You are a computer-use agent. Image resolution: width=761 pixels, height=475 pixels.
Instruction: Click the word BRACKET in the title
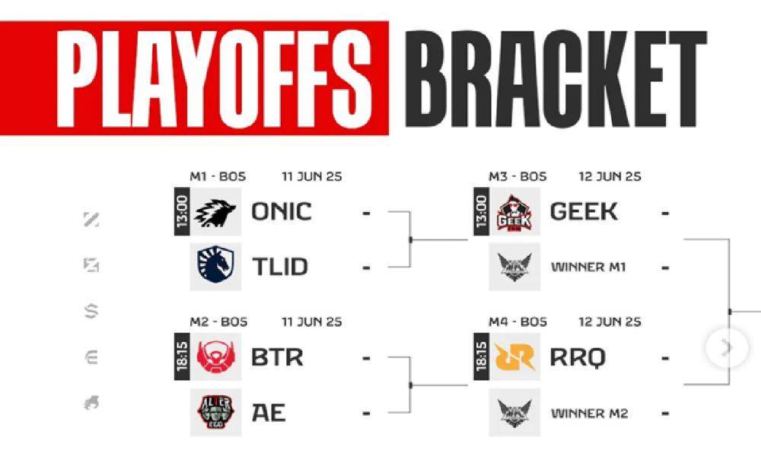click(x=556, y=79)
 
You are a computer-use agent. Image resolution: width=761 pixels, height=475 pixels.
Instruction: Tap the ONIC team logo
click(x=215, y=212)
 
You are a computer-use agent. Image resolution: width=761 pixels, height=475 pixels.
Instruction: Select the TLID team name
click(x=280, y=267)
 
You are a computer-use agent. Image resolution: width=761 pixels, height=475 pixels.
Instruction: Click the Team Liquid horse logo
click(x=215, y=265)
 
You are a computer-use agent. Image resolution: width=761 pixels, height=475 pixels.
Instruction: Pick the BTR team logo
click(x=215, y=358)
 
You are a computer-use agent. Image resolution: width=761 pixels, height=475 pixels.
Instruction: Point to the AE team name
click(x=269, y=413)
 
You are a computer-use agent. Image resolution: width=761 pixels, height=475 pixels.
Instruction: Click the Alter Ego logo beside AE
click(x=215, y=413)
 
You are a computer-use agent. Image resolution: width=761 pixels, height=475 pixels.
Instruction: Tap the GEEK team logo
click(x=514, y=212)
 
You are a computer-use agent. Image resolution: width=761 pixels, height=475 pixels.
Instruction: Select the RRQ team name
click(x=578, y=358)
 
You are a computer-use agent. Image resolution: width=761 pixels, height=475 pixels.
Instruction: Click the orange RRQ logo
click(x=514, y=358)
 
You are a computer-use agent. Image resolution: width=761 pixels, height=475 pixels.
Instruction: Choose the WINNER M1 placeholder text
click(x=589, y=267)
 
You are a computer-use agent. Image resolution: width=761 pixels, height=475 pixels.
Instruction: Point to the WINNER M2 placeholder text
click(x=590, y=413)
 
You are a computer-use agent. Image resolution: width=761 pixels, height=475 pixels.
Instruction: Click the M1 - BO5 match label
click(x=218, y=176)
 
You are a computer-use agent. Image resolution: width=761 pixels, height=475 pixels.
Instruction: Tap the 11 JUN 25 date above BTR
click(x=312, y=321)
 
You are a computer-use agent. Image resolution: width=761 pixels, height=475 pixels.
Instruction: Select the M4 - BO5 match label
click(x=517, y=321)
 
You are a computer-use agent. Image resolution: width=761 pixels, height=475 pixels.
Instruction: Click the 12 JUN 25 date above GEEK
click(x=610, y=176)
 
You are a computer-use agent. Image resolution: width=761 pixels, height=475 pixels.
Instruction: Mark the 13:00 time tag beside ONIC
click(x=182, y=212)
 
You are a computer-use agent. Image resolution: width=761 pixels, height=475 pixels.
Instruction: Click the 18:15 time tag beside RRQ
click(x=481, y=357)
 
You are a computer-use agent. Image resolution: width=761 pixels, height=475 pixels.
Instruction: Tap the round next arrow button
click(x=727, y=347)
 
